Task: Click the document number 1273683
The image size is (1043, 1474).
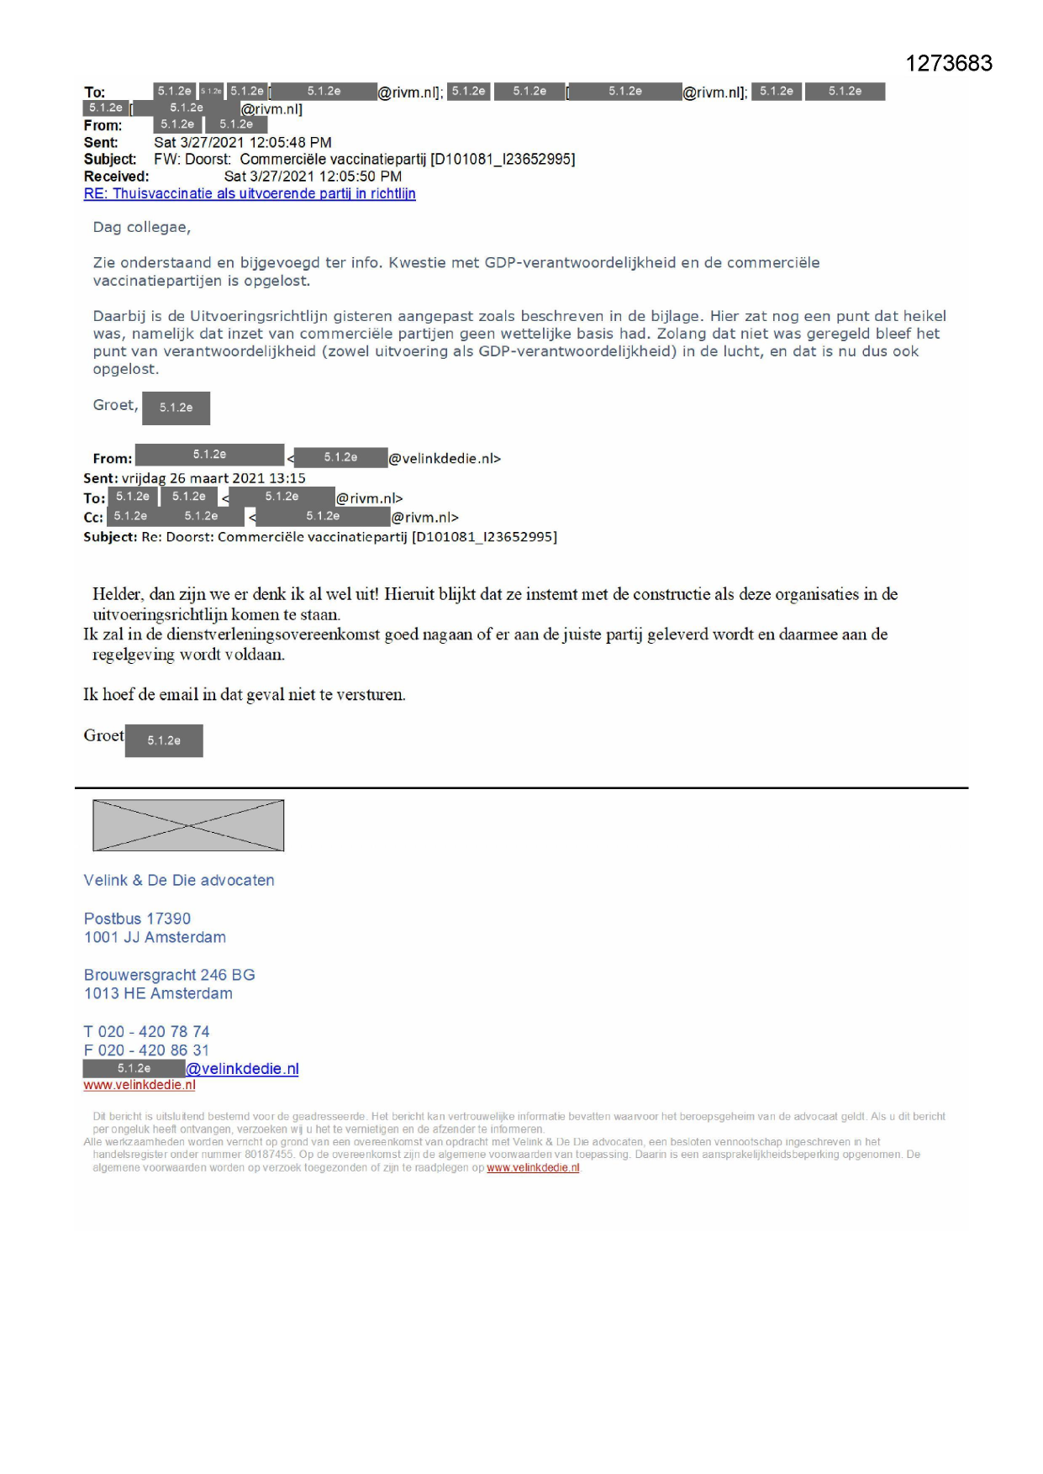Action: point(948,64)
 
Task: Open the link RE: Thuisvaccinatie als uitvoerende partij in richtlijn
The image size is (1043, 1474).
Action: point(250,193)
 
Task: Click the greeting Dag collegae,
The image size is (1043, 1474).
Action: point(141,227)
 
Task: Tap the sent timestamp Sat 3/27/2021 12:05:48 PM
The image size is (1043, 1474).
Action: point(242,142)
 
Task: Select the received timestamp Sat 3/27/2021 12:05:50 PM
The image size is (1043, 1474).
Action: point(313,176)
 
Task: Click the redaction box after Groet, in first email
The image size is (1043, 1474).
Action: point(176,408)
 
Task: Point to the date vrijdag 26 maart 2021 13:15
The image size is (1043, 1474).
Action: point(213,478)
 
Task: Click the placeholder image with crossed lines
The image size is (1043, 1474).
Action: point(188,825)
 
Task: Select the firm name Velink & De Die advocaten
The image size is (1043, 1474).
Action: point(179,880)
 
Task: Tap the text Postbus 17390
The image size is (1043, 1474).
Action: point(137,919)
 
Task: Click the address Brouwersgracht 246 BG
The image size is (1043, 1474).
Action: point(169,975)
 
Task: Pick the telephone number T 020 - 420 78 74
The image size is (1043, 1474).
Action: point(146,1031)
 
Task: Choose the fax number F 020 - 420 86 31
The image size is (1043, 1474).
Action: point(146,1050)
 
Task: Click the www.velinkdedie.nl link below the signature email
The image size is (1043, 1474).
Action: point(140,1085)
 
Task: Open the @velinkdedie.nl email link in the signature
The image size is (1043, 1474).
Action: point(242,1069)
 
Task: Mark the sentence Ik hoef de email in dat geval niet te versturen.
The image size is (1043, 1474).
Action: point(244,694)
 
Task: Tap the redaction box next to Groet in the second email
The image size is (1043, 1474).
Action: point(164,740)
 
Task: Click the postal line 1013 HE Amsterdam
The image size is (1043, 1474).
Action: point(158,993)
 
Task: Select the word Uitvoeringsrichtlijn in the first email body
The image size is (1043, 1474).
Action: point(259,316)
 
